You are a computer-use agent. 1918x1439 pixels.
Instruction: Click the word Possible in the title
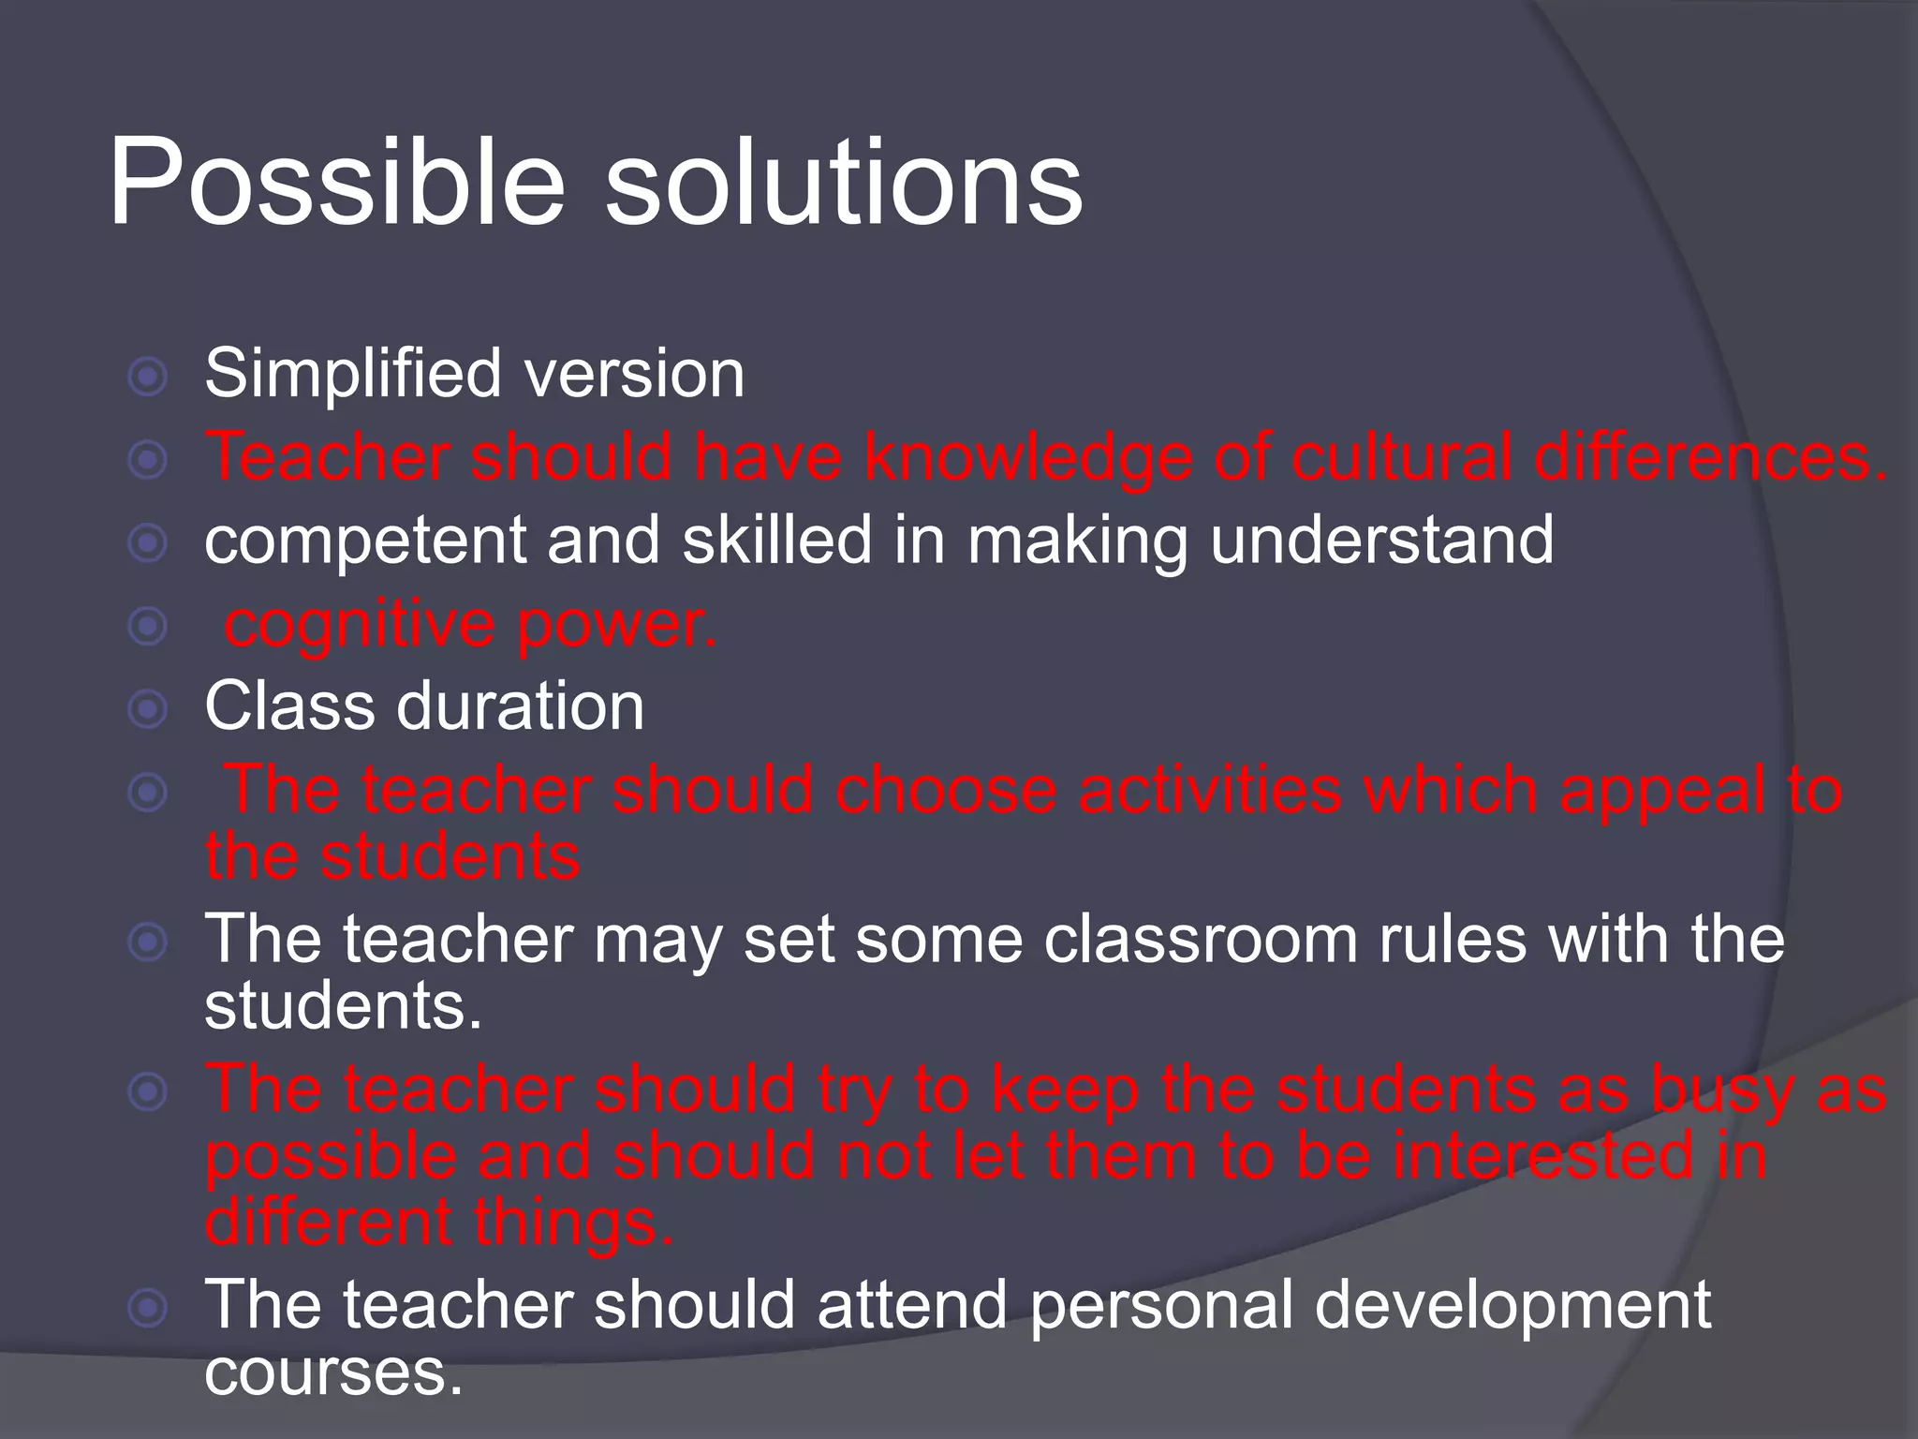[337, 183]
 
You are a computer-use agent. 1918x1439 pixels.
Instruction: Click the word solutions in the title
[843, 183]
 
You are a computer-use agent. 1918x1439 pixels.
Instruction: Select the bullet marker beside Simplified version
[147, 378]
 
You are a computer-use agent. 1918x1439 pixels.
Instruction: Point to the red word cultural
[1401, 456]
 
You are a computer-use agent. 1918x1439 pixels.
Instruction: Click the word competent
[365, 541]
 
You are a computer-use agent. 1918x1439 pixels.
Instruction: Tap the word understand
[1381, 540]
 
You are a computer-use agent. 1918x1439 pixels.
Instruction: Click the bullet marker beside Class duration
[147, 709]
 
